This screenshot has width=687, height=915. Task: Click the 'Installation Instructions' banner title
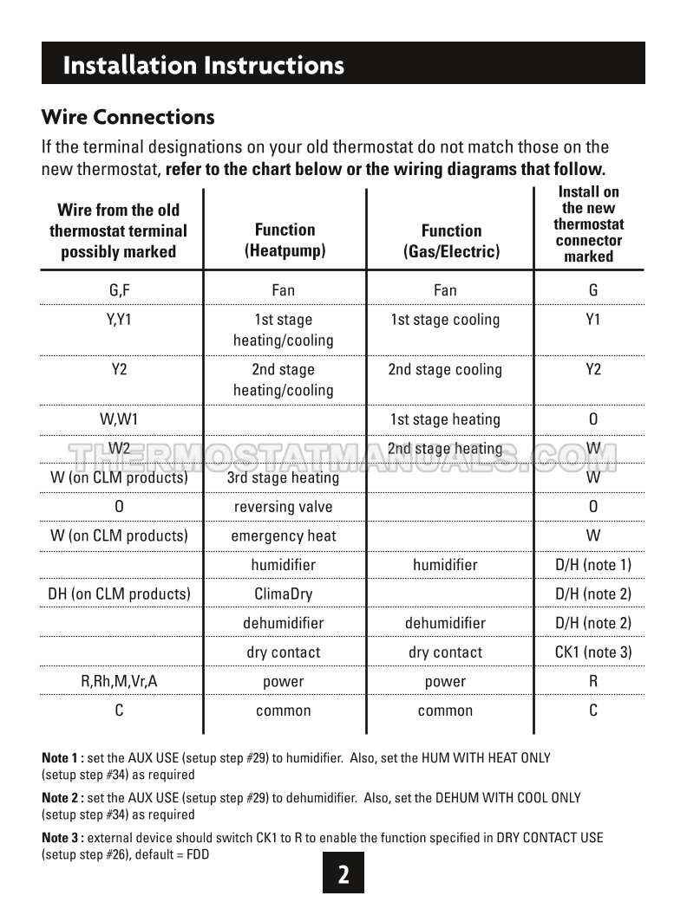pyautogui.click(x=204, y=65)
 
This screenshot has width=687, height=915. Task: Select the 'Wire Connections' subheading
pyautogui.click(x=128, y=116)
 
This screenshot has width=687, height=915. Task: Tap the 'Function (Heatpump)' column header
pyautogui.click(x=285, y=240)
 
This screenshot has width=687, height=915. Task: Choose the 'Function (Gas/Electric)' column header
pyautogui.click(x=451, y=241)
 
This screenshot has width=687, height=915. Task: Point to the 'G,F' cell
pyautogui.click(x=119, y=290)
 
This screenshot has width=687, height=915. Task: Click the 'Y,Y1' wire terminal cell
pyautogui.click(x=119, y=320)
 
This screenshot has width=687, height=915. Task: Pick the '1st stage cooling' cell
pyautogui.click(x=445, y=320)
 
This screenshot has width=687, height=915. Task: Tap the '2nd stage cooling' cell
pyautogui.click(x=445, y=370)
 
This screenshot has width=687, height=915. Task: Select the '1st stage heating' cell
pyautogui.click(x=445, y=419)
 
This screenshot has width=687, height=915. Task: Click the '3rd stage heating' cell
pyautogui.click(x=284, y=477)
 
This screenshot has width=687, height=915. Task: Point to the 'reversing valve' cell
pyautogui.click(x=284, y=507)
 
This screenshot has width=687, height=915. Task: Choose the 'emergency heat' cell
pyautogui.click(x=284, y=535)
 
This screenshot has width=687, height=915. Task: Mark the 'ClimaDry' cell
pyautogui.click(x=284, y=594)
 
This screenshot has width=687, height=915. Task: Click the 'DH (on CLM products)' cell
pyautogui.click(x=119, y=594)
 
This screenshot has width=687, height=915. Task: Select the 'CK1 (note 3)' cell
pyautogui.click(x=593, y=652)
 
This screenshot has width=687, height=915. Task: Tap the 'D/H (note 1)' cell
pyautogui.click(x=593, y=565)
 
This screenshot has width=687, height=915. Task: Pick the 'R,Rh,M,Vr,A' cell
pyautogui.click(x=119, y=682)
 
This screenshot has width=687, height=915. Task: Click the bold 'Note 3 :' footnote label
pyautogui.click(x=63, y=838)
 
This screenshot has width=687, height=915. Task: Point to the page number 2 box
pyautogui.click(x=343, y=873)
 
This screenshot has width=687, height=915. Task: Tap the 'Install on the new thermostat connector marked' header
pyautogui.click(x=589, y=224)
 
